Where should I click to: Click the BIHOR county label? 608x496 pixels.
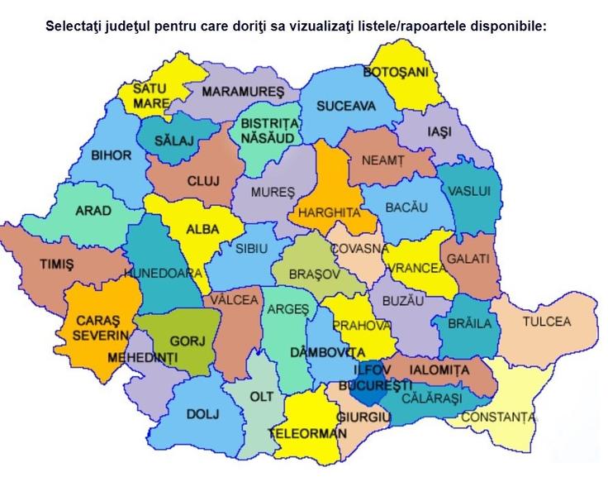pos(111,155)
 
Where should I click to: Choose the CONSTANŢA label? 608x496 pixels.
pos(497,417)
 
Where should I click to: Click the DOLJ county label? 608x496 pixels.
pos(203,413)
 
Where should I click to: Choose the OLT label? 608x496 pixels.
pos(262,397)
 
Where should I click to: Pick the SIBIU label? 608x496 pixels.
pos(252,248)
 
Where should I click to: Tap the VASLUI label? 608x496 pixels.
pos(469,191)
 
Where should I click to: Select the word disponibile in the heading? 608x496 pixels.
pos(507,26)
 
